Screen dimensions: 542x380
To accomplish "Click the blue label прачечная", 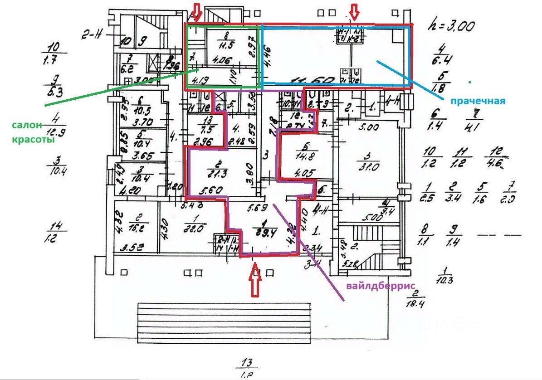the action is (478, 101).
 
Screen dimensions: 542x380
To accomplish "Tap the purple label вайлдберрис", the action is (381, 286).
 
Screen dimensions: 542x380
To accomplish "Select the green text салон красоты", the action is (33, 132).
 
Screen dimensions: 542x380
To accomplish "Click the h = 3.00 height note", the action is (451, 25).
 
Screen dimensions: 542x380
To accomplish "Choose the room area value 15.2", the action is (133, 229).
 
